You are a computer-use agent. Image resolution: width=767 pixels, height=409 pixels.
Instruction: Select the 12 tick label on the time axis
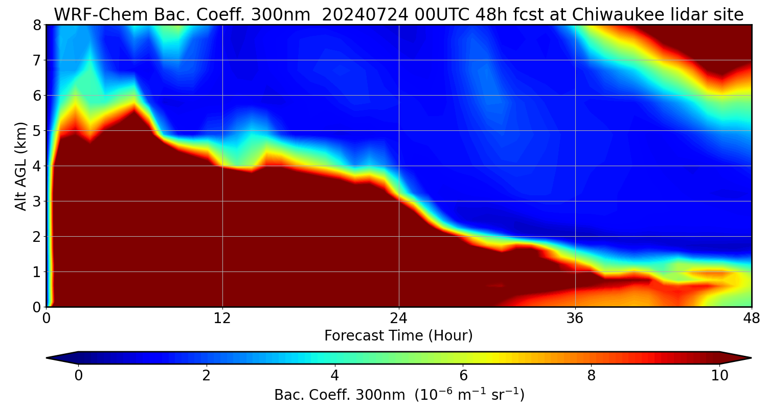(222, 319)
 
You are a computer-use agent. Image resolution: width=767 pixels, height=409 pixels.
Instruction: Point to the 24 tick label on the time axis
(399, 319)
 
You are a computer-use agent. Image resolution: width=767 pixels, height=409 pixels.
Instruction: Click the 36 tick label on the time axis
(575, 319)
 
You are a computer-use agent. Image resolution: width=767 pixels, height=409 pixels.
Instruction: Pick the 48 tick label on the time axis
(751, 319)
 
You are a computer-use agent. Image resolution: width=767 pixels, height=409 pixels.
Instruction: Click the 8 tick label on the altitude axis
(36, 25)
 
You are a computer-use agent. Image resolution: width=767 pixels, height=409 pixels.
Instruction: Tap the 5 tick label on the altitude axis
(36, 131)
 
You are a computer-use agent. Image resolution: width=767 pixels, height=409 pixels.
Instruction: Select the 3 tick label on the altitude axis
(36, 201)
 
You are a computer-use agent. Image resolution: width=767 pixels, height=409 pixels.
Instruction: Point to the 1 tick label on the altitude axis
(36, 272)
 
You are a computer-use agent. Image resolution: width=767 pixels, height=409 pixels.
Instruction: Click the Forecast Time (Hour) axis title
(398, 336)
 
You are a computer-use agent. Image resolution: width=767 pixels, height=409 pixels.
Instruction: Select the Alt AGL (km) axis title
(21, 166)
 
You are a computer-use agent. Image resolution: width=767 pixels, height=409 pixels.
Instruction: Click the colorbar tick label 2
(207, 376)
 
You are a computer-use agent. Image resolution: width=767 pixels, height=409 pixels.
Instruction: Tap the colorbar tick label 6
(463, 376)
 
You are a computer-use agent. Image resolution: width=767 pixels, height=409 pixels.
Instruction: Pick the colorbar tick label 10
(719, 376)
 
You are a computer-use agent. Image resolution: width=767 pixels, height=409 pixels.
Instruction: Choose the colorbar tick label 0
(78, 376)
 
